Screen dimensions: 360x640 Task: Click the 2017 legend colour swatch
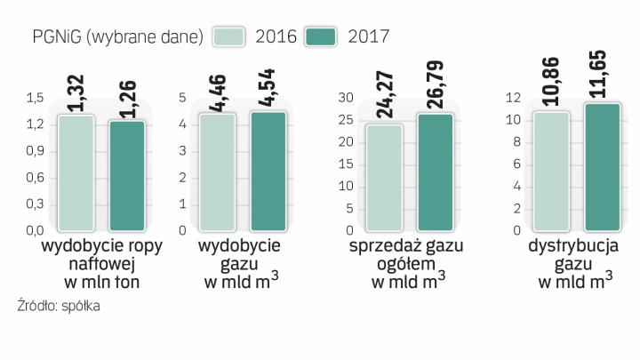pos(322,36)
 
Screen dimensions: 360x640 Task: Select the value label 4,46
pos(219,92)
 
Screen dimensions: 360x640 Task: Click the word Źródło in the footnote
pos(36,307)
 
